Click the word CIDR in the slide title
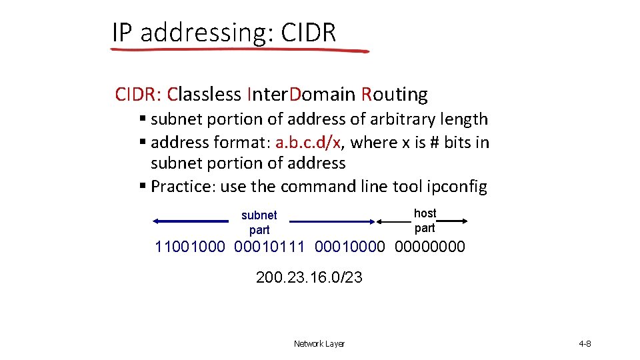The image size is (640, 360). (309, 32)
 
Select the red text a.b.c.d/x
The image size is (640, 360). (310, 142)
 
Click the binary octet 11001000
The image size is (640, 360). (190, 247)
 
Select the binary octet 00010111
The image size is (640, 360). (269, 247)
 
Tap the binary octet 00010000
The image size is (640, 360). (349, 247)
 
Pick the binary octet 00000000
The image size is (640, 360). (430, 247)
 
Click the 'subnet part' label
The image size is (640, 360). (259, 222)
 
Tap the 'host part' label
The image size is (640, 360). (425, 220)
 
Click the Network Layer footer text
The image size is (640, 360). (319, 344)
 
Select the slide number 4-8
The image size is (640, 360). (585, 344)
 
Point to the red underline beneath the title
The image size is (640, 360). (240, 49)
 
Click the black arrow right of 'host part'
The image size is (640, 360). (453, 221)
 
